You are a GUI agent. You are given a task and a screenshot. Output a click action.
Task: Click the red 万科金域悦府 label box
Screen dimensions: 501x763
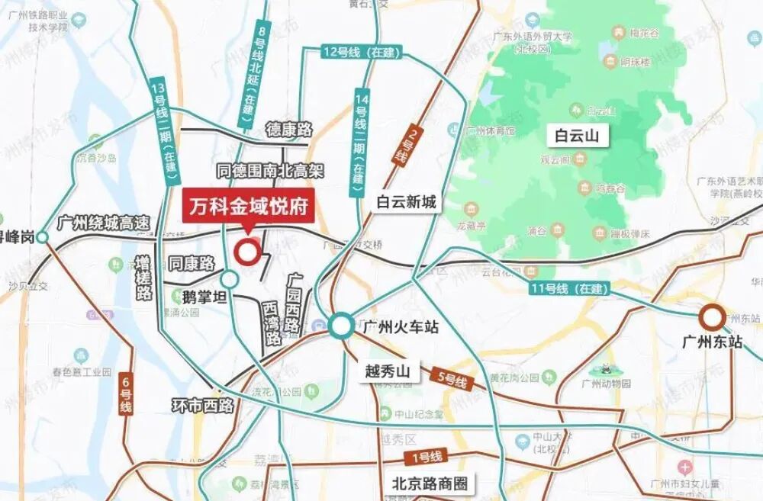(248, 207)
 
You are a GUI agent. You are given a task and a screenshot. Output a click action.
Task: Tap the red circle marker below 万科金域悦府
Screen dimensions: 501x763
(246, 252)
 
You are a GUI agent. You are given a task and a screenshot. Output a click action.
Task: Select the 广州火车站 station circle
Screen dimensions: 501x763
(341, 326)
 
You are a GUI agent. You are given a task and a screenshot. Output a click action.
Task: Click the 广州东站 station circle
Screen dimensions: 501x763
(713, 316)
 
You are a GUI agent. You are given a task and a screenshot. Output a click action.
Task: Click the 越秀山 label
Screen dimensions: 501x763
(388, 372)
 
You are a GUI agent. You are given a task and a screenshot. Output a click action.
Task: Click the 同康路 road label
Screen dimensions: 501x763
(192, 264)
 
